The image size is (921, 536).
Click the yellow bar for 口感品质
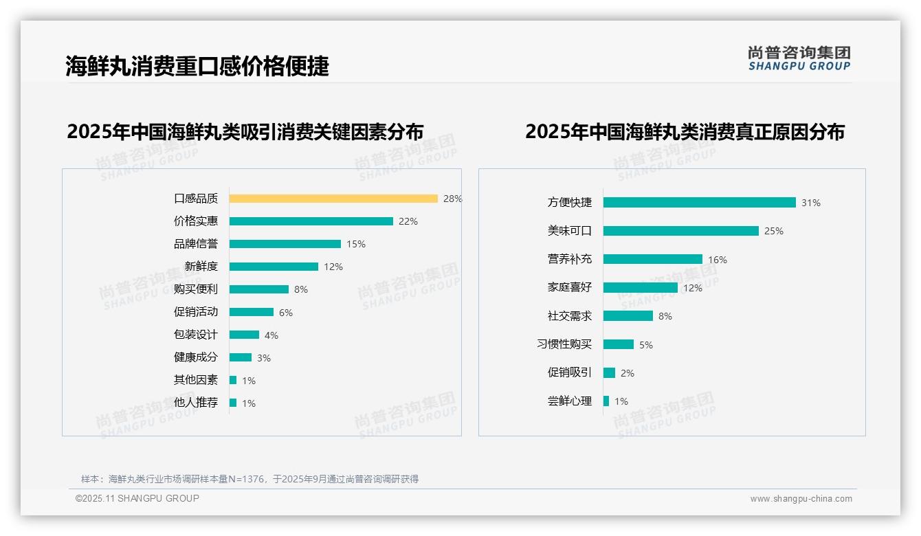(333, 199)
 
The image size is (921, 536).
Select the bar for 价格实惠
(311, 221)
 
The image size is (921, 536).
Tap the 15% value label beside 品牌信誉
(356, 244)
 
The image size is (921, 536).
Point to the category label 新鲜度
(201, 267)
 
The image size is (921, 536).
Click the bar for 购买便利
(259, 289)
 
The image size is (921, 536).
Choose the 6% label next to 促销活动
(286, 313)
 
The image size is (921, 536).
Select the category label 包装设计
(195, 335)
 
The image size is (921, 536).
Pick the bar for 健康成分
(241, 357)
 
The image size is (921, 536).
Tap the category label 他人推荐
(195, 403)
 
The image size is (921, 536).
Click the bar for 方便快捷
(699, 203)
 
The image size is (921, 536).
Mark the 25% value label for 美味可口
(774, 232)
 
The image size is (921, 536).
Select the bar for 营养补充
(653, 259)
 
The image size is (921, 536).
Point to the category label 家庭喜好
(569, 287)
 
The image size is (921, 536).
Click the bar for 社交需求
(628, 316)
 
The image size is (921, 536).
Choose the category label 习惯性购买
(564, 344)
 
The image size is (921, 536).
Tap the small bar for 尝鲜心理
(606, 401)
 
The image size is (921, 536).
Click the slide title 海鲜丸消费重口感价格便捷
(197, 66)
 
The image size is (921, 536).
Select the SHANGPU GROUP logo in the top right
(799, 58)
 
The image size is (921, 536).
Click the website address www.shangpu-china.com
(801, 499)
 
